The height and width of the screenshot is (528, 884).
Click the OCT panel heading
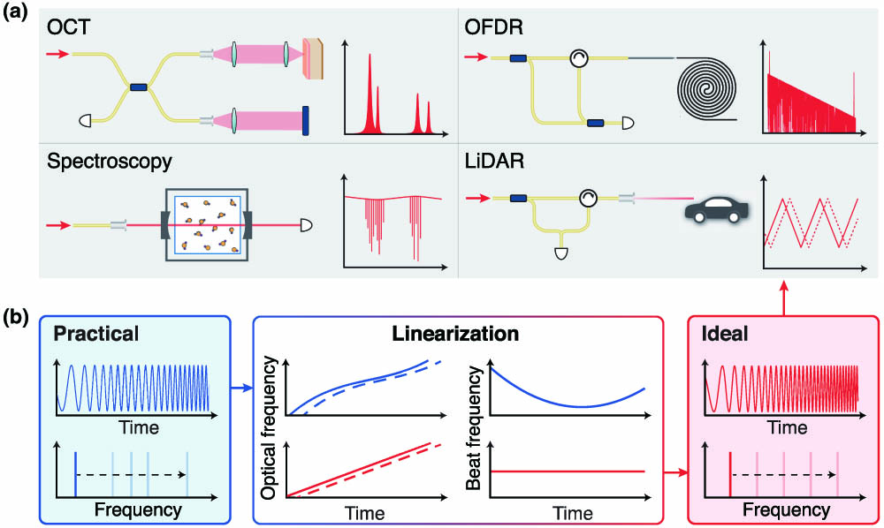[68, 26]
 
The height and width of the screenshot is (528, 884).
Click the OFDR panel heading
[493, 26]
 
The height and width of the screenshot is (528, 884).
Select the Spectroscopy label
[110, 162]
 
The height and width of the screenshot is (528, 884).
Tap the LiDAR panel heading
[494, 162]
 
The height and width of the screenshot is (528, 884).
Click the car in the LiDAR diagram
[717, 210]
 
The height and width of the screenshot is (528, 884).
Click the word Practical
[95, 333]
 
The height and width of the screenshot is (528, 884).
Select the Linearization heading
[455, 333]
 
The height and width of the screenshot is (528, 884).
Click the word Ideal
[725, 333]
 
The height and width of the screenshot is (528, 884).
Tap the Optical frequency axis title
[269, 427]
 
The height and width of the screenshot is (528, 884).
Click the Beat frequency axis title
[474, 428]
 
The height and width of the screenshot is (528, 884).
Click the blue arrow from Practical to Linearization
[241, 388]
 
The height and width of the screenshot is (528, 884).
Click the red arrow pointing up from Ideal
[783, 298]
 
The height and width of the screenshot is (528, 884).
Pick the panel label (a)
[16, 12]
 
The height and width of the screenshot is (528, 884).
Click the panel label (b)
[16, 318]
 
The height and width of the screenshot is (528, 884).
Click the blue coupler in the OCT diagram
[138, 87]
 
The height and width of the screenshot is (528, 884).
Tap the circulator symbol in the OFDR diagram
[578, 57]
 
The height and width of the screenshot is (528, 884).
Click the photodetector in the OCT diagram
[85, 120]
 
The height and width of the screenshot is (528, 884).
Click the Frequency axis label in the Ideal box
[786, 510]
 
